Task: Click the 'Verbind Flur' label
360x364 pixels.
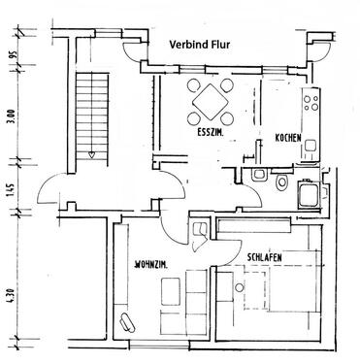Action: (205, 44)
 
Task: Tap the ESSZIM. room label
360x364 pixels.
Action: (211, 131)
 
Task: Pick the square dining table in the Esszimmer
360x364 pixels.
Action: (211, 100)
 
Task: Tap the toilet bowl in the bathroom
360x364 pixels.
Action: (281, 181)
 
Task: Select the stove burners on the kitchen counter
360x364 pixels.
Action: (312, 101)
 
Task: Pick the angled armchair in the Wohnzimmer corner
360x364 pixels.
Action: (126, 322)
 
